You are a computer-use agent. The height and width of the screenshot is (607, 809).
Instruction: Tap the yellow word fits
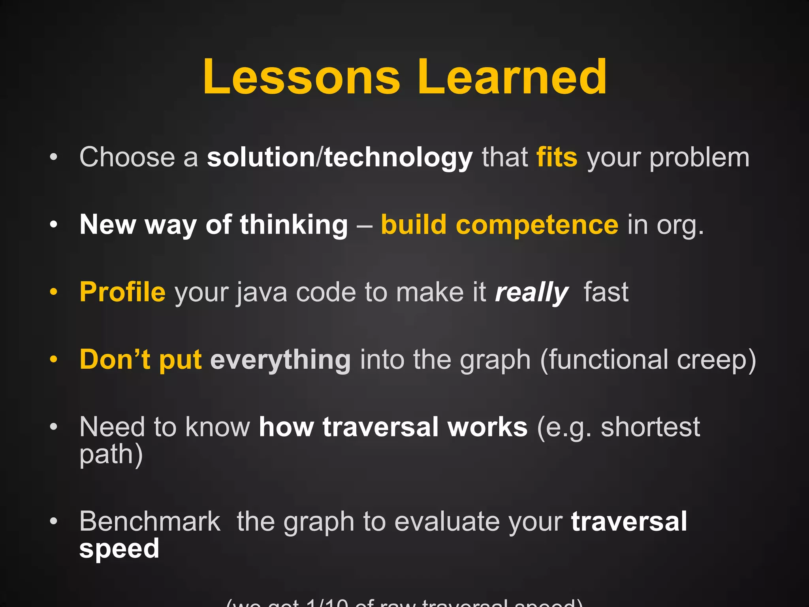click(x=557, y=157)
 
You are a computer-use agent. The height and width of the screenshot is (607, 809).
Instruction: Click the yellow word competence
click(x=537, y=225)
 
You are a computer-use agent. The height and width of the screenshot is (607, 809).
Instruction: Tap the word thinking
click(x=294, y=225)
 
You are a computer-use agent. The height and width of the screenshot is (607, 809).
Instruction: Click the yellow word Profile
click(x=122, y=292)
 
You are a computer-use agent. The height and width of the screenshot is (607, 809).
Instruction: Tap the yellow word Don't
click(x=115, y=359)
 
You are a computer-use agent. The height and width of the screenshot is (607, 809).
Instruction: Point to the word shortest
click(x=650, y=427)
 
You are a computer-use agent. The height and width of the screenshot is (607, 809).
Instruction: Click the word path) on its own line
click(x=111, y=454)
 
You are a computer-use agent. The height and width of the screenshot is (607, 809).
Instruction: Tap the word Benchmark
click(x=150, y=522)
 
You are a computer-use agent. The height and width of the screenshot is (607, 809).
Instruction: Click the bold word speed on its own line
click(x=119, y=549)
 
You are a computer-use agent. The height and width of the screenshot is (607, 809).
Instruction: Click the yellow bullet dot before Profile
click(x=54, y=292)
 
